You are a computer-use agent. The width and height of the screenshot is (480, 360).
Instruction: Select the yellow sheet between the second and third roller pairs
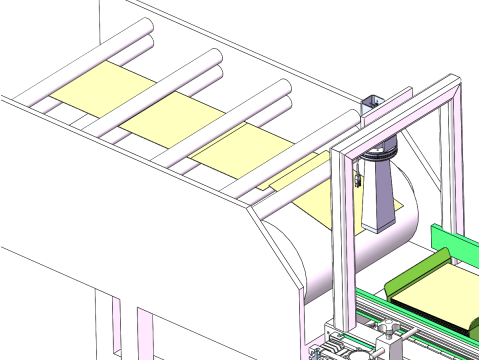(164, 119)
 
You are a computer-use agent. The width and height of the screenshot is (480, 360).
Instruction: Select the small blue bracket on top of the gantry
(371, 102)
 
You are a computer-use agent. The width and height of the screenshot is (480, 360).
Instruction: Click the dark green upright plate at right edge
(455, 245)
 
